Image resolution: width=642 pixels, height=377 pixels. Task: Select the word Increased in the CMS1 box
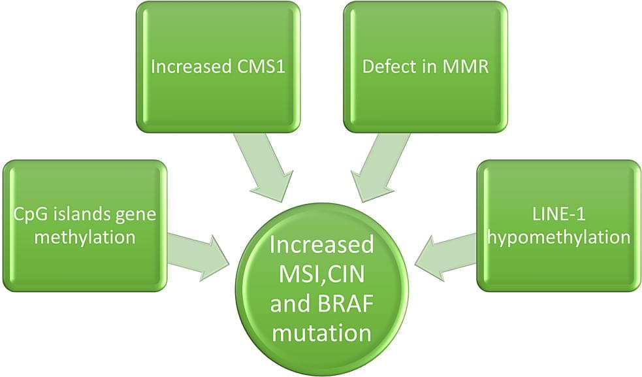(189, 67)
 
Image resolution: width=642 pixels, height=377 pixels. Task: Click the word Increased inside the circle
(322, 245)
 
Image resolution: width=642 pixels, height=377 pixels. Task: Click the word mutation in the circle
(322, 333)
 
